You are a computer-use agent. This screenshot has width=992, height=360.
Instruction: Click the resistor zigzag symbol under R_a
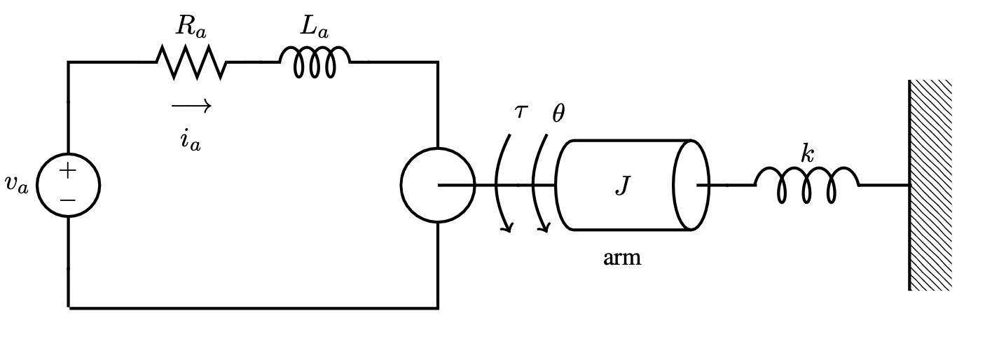(191, 62)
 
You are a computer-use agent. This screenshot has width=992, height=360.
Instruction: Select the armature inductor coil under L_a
(315, 62)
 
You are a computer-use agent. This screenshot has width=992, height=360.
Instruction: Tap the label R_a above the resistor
(191, 27)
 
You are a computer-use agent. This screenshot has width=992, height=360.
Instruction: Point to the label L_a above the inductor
(314, 27)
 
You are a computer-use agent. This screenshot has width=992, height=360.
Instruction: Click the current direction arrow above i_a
(191, 106)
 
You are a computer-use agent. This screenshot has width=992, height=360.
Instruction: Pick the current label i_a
(190, 139)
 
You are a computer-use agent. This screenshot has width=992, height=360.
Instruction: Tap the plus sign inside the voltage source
(67, 170)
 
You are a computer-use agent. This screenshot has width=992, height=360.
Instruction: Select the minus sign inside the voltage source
(67, 200)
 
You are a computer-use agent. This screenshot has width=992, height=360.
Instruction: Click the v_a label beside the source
(16, 184)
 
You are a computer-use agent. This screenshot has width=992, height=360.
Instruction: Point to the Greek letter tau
(520, 111)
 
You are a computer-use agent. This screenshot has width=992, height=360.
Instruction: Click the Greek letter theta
(558, 113)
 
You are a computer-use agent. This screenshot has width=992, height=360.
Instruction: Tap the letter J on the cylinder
(622, 186)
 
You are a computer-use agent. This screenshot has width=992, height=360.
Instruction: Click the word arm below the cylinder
(622, 258)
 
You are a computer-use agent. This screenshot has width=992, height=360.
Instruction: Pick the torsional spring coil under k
(806, 185)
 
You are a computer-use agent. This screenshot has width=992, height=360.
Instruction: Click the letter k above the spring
(808, 153)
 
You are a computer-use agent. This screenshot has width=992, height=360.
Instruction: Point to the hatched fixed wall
(930, 185)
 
